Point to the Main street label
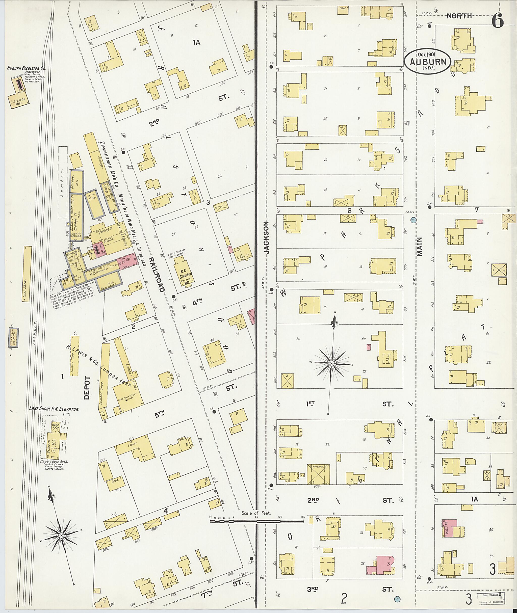(420, 247)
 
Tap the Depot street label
(87, 388)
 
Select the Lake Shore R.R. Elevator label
(54, 409)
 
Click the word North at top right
(459, 16)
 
